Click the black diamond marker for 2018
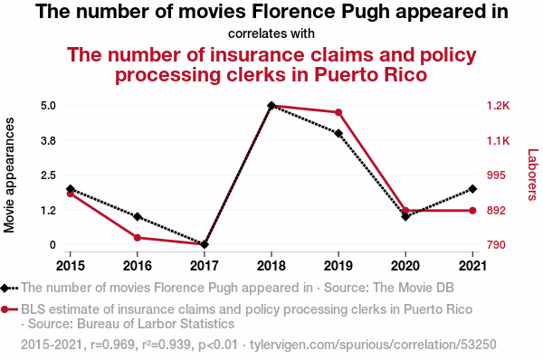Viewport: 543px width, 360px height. pos(271,106)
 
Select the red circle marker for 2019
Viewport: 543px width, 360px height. pos(338,112)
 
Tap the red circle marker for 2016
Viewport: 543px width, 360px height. pos(138,238)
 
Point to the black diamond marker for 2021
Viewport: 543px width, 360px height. pos(472,189)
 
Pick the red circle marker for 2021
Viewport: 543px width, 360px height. pos(472,211)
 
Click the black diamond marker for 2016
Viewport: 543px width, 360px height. pos(138,217)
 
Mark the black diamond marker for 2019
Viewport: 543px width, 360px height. pos(338,134)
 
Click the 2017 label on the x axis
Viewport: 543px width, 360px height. pos(205,266)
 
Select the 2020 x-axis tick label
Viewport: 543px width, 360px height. pos(405,266)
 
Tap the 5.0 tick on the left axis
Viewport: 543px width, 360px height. pos(48,106)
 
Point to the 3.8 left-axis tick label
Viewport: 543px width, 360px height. pos(48,140)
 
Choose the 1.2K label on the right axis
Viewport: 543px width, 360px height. pos(499,106)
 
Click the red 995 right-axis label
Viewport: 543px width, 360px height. pos(496,175)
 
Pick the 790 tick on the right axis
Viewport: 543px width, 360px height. pos(496,245)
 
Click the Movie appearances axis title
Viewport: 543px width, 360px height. pos(9,175)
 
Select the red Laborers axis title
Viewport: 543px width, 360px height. pos(533,175)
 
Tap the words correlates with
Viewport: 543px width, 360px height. pos(271,34)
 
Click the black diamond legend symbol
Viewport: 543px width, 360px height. pos(5,288)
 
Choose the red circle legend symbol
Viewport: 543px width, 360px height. pos(5,309)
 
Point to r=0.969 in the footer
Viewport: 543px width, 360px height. pos(112,345)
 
